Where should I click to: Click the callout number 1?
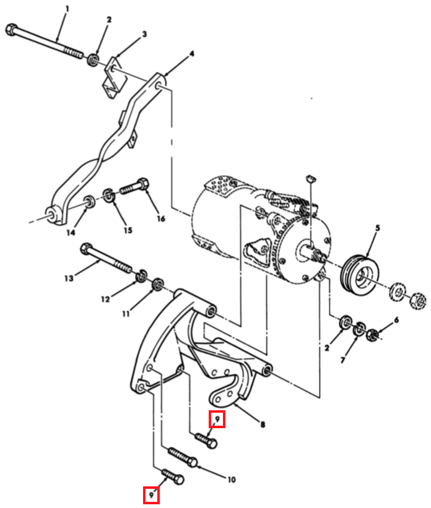[67, 9]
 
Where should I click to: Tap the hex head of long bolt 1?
[11, 29]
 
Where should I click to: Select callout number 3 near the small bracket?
[144, 34]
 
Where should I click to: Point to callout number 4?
[192, 53]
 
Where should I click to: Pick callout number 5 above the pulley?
[378, 228]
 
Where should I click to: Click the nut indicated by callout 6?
[373, 335]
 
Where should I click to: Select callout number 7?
[343, 359]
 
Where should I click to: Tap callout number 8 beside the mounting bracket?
[263, 424]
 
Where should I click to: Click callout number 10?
[231, 480]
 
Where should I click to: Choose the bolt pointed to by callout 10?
[183, 457]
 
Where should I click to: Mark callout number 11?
[126, 314]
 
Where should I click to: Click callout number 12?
[105, 299]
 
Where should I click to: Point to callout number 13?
[69, 278]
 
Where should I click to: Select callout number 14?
[71, 232]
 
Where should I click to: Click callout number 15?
[128, 230]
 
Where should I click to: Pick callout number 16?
[161, 218]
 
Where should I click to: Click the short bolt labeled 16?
[134, 186]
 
